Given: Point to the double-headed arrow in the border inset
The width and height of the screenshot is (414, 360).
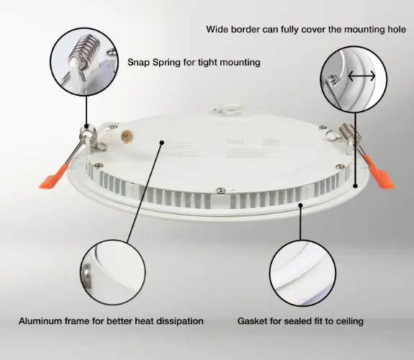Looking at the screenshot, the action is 361,76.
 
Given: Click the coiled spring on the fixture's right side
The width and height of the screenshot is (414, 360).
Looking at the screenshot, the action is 349,135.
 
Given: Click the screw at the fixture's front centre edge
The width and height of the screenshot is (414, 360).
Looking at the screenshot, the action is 221,189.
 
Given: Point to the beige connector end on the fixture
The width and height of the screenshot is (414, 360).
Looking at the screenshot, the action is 127,137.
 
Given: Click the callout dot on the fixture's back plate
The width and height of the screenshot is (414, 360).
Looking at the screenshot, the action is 163,143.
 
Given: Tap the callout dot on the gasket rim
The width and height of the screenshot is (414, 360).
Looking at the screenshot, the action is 300,205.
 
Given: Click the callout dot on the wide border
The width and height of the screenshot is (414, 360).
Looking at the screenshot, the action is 356,186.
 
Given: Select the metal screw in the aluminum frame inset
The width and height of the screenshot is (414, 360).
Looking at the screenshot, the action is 86,276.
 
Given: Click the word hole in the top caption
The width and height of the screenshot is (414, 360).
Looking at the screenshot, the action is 397,30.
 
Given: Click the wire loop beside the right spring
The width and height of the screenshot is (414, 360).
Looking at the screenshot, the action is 330,135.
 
